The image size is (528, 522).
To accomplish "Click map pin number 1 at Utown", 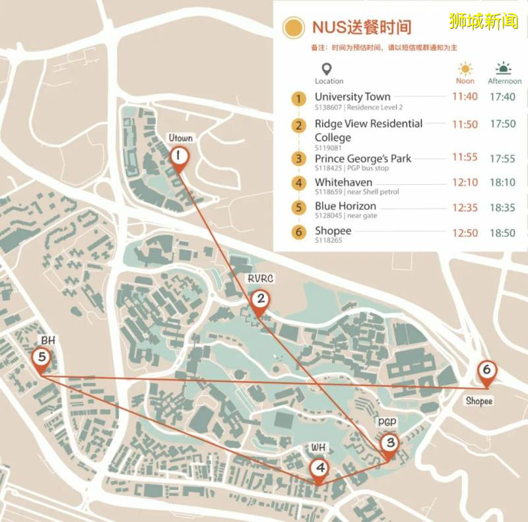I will pos(178,157).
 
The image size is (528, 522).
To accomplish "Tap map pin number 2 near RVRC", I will pos(261,300).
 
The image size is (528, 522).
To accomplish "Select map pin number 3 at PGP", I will pos(389,444).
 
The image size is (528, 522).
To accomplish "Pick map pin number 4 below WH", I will pos(319,469).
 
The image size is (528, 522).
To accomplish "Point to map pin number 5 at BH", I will pos(42,358).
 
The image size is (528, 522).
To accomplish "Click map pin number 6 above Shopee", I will pos(486,371).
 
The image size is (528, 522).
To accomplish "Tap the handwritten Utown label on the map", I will pos(180,138).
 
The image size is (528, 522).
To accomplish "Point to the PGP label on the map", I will pos(387,421).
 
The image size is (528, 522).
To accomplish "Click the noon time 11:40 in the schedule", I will pos(465,97).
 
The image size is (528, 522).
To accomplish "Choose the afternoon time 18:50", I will pos(502,233).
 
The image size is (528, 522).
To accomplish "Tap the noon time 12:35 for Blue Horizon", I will pos(465,207).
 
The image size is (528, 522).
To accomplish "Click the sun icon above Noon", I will pos(466,69).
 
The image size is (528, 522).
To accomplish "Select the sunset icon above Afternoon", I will pos(504,69).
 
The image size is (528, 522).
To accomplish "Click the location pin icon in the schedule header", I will pos(325,69).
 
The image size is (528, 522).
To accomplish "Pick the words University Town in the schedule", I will pos(352,97).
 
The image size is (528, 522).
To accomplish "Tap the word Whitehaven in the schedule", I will pos(343,182).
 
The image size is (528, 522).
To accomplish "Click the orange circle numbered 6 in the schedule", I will pos(300,232).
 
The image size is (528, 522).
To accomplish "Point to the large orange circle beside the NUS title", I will pos(293,28).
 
